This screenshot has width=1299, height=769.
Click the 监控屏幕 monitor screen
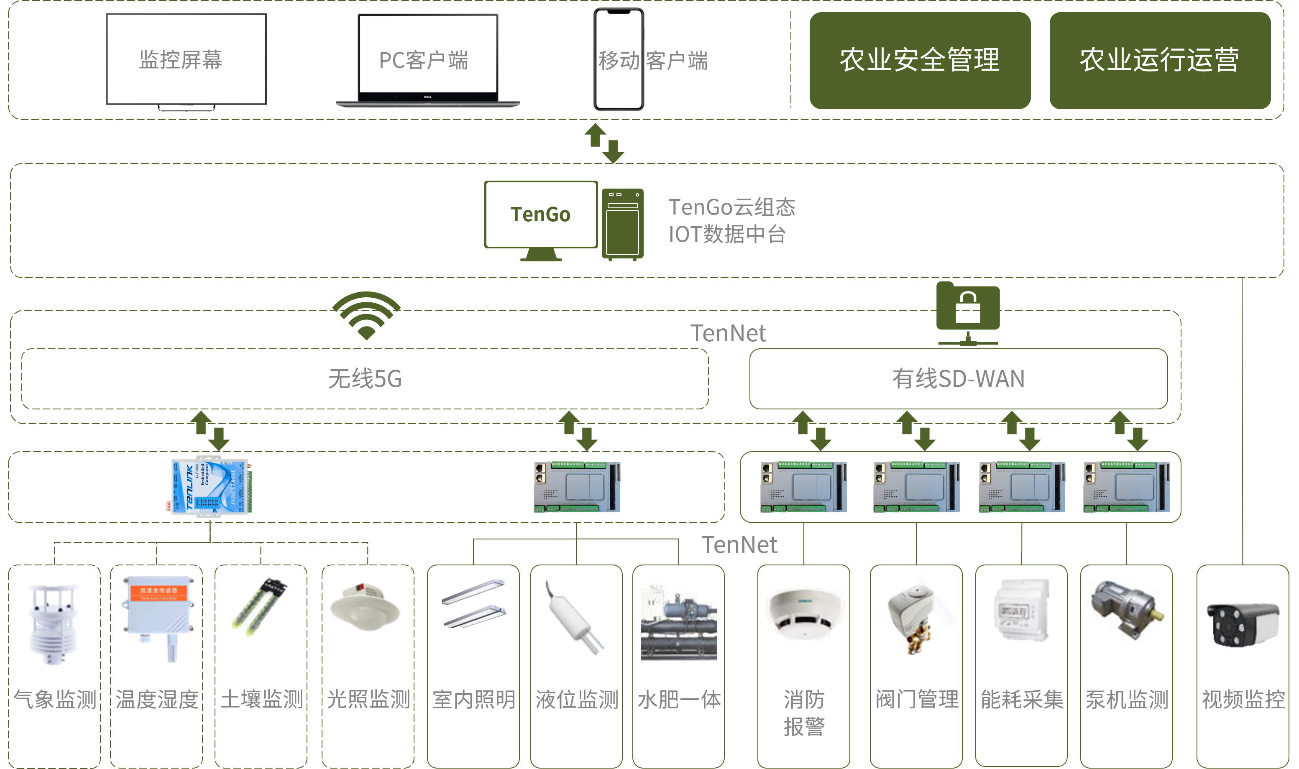186,59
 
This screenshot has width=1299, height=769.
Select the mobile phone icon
618,59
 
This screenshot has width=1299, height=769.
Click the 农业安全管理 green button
919,60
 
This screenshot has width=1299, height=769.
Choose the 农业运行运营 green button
1160,60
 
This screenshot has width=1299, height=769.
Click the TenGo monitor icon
540,215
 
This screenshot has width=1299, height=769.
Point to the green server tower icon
622,224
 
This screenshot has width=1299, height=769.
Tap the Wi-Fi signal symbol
366,315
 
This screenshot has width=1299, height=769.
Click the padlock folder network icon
967,312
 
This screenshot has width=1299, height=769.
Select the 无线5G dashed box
365,379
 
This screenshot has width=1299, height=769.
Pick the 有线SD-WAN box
958,379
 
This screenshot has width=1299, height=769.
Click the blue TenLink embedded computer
211,486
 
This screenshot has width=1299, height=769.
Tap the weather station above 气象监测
54,624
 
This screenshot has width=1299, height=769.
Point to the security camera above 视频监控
1242,624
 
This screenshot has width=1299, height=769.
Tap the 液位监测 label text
577,700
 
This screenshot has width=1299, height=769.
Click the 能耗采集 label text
1021,700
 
